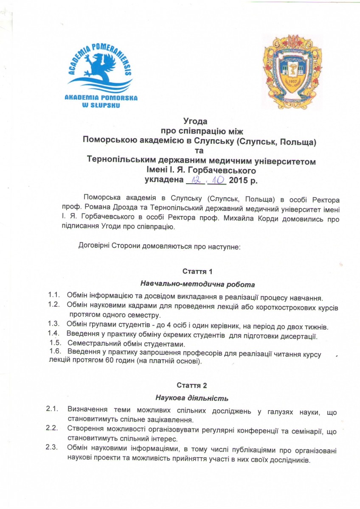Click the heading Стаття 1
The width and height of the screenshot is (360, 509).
click(197, 271)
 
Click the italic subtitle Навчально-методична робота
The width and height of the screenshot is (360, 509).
click(197, 284)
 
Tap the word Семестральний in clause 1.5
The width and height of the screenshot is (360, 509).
click(92, 344)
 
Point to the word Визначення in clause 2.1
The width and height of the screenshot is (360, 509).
click(87, 410)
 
